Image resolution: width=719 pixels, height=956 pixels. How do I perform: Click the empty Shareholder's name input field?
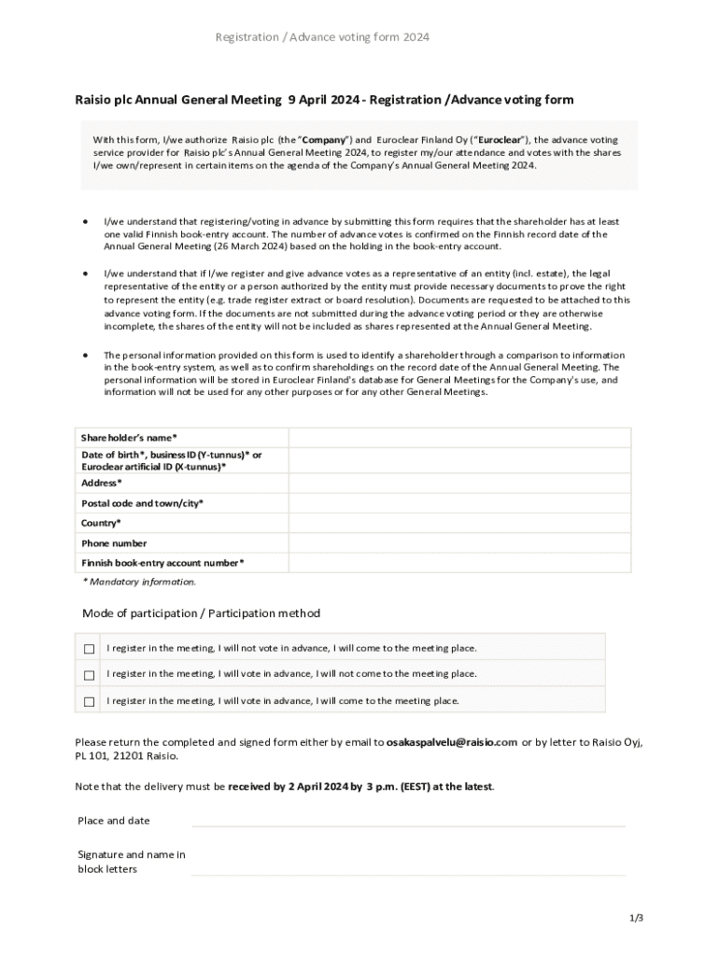click(x=459, y=438)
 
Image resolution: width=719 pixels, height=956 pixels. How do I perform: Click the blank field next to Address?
click(x=459, y=483)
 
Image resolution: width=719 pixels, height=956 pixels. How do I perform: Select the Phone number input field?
click(x=459, y=543)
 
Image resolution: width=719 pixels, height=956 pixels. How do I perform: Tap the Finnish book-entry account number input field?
click(x=459, y=563)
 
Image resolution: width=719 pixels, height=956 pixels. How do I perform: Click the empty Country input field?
click(x=459, y=523)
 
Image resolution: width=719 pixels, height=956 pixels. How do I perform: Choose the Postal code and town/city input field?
click(x=459, y=503)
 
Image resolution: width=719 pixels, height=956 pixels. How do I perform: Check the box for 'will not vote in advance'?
click(x=90, y=649)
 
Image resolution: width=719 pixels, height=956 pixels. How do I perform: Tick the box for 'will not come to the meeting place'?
click(x=90, y=675)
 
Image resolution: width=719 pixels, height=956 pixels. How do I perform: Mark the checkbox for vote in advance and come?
click(x=90, y=701)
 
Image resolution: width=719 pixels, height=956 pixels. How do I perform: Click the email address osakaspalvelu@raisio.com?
click(x=452, y=742)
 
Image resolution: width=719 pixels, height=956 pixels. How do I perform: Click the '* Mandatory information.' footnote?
click(x=139, y=582)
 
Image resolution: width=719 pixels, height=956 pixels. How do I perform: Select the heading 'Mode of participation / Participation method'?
click(x=201, y=613)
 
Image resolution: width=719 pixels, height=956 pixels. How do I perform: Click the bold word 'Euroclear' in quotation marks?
click(x=500, y=140)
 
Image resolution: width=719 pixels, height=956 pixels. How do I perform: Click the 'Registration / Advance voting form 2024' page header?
click(x=322, y=37)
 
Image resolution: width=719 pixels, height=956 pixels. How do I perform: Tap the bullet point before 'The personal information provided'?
click(x=86, y=356)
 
